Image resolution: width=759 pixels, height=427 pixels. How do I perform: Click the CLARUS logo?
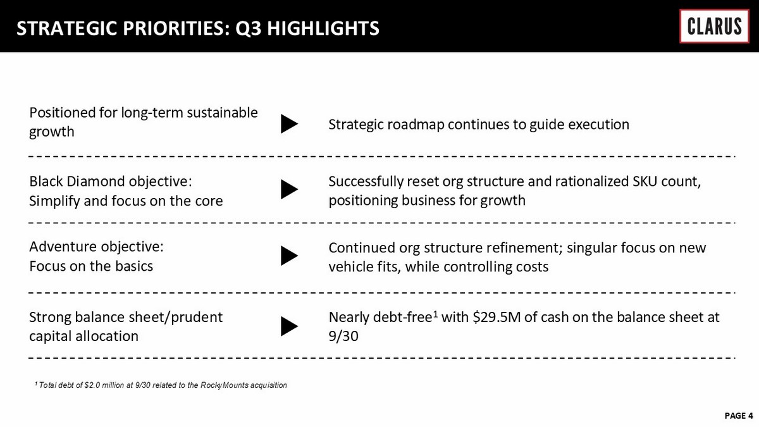point(714,26)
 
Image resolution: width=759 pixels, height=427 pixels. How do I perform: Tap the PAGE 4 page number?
point(738,416)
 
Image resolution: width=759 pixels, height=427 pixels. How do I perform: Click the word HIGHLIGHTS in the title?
point(323,28)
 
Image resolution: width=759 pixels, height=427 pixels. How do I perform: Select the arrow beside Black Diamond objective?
point(290,189)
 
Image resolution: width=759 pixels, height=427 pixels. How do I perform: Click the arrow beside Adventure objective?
point(290,256)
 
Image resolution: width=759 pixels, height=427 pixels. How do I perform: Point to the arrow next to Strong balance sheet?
point(290,326)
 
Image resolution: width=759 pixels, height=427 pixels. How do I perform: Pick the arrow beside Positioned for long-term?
point(290,124)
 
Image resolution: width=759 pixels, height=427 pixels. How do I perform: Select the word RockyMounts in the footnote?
point(225,385)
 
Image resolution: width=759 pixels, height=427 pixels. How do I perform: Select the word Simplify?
point(54,201)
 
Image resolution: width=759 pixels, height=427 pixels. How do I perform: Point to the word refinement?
point(524,248)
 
